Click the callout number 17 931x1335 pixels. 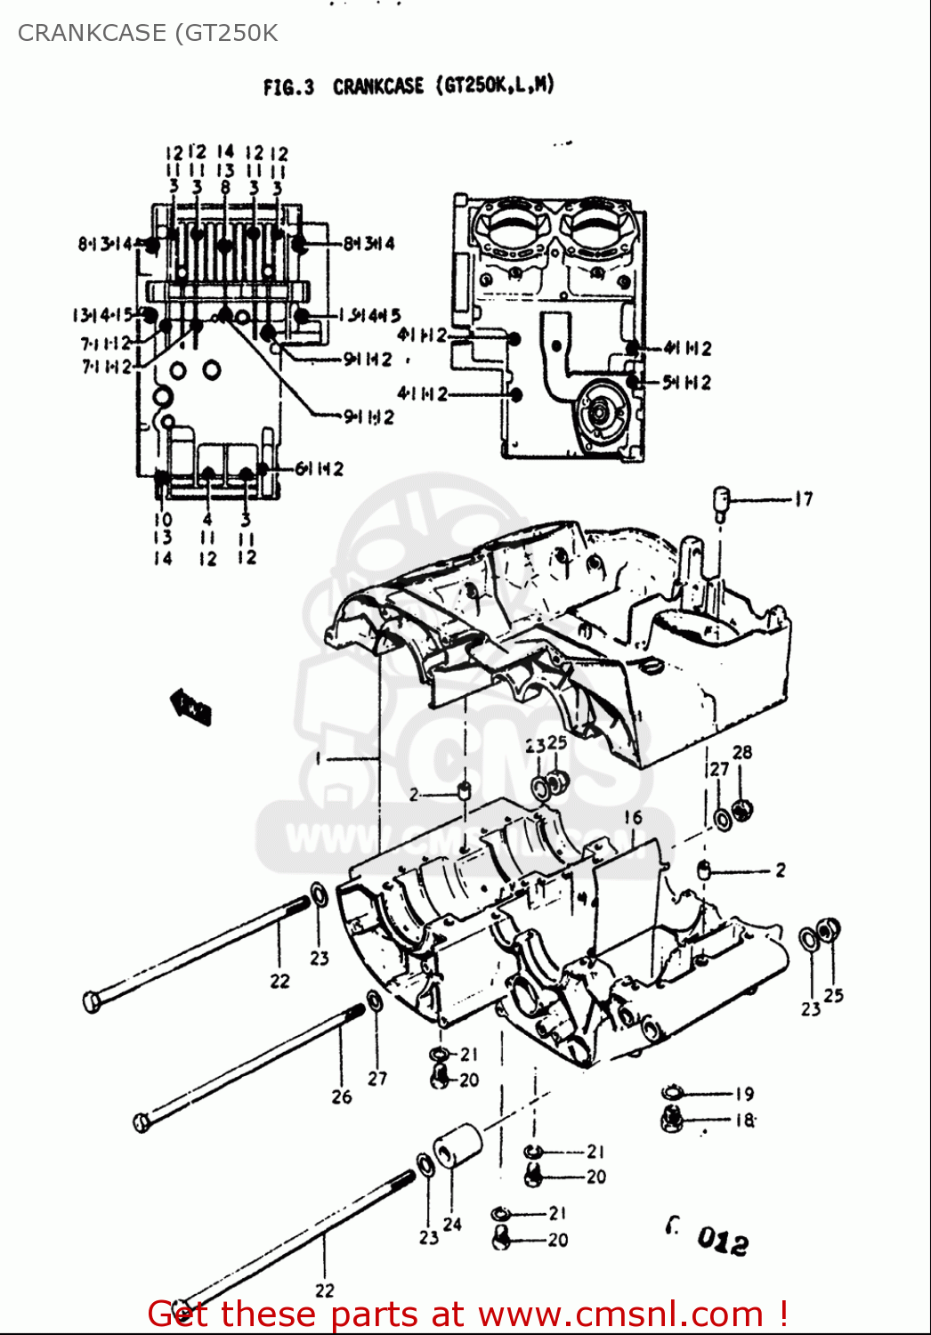point(804,499)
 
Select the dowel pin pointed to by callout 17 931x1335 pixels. point(721,502)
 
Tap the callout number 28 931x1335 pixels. point(742,752)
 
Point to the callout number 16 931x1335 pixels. point(633,817)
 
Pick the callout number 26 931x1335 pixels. point(342,1096)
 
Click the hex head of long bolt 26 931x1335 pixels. point(141,1122)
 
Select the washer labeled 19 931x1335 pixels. point(673,1093)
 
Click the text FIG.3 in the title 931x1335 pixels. point(288,87)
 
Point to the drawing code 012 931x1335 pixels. point(722,1240)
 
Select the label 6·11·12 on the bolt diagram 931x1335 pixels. point(319,469)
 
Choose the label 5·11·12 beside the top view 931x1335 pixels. point(686,383)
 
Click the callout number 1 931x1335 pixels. point(318,758)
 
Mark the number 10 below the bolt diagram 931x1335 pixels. point(163,520)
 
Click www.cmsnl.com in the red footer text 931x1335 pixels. point(620,1315)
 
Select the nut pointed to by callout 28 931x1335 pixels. point(741,809)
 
